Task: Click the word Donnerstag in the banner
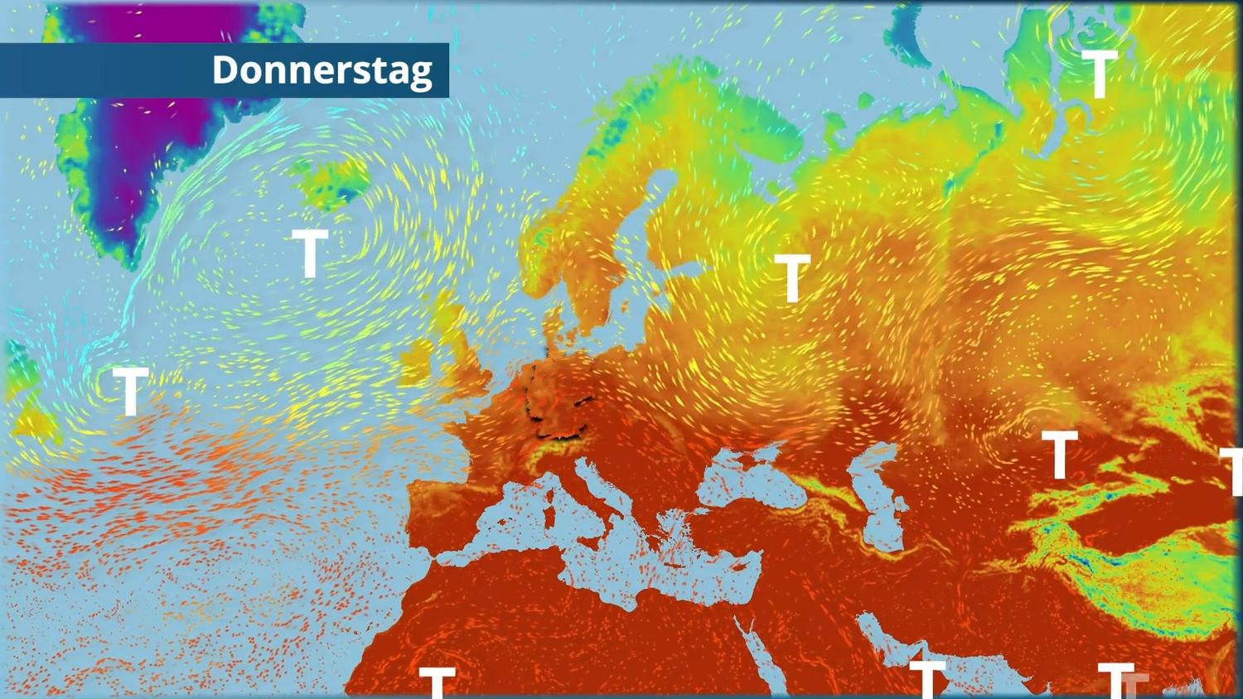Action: [x=322, y=70]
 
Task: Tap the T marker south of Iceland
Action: [x=311, y=253]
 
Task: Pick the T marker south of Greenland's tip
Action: [x=130, y=391]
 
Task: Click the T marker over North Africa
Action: [x=437, y=682]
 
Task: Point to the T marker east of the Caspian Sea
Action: [x=1059, y=455]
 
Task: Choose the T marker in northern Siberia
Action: [x=1100, y=74]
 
